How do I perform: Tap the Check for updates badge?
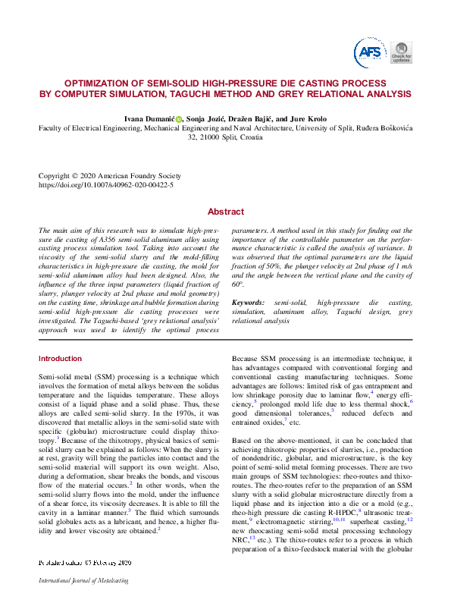click(402, 52)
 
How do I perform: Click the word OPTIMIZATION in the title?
click(100, 83)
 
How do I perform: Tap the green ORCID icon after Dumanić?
click(180, 119)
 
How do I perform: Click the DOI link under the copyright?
click(105, 184)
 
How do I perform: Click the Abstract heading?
click(226, 212)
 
